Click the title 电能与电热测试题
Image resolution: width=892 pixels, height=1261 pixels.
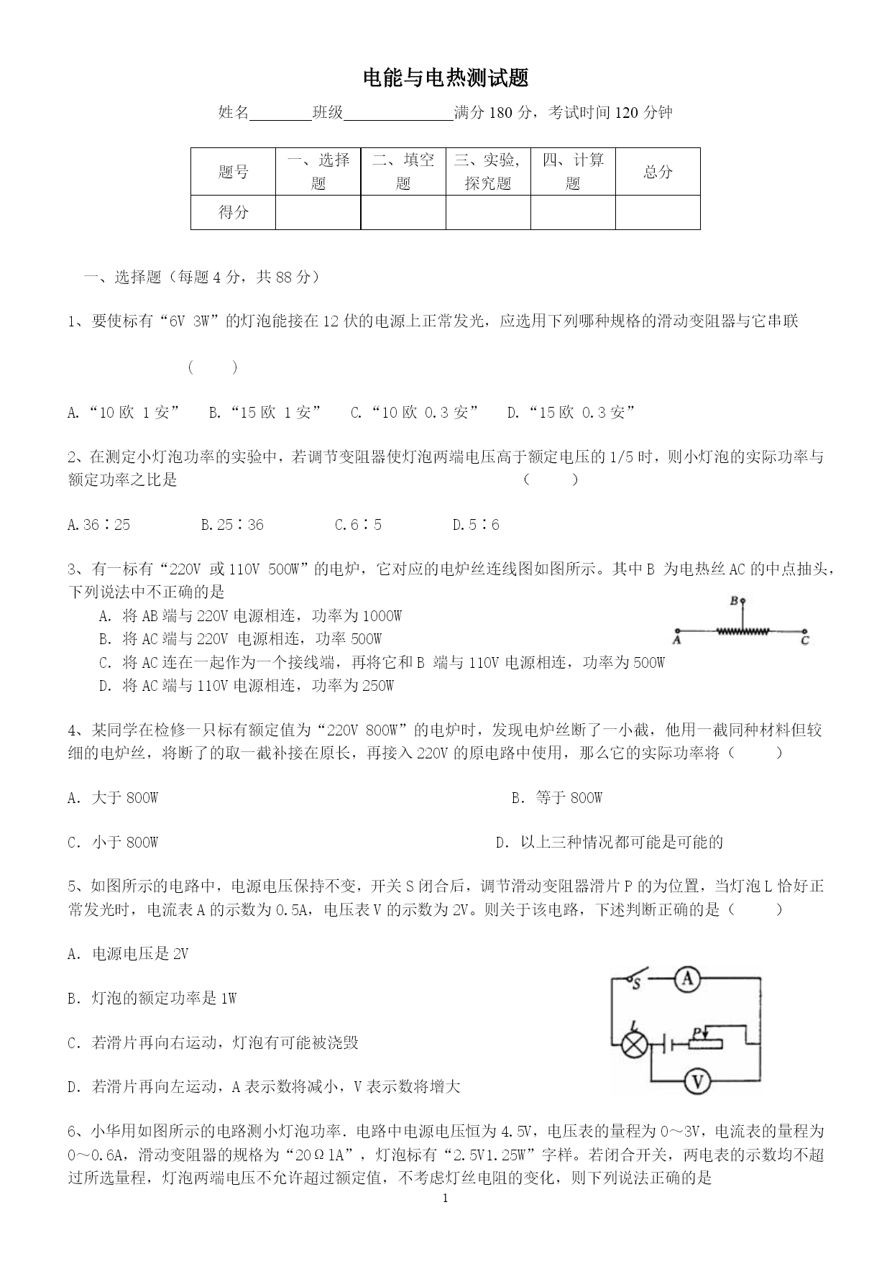tap(446, 78)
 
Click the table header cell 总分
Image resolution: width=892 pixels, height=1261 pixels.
tap(658, 172)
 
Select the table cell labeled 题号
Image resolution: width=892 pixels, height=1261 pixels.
tap(233, 172)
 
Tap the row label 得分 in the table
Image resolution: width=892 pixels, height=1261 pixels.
tap(233, 212)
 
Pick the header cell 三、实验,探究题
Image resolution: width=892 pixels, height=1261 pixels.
tap(487, 172)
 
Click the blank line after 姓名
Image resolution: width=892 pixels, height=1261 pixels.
tap(280, 114)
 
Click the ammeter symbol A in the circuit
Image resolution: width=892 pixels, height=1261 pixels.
tap(688, 978)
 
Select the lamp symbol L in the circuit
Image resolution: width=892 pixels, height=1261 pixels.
tap(633, 1045)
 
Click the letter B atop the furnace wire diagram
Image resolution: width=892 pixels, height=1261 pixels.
tap(735, 600)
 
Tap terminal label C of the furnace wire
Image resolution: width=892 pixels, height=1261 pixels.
tap(804, 638)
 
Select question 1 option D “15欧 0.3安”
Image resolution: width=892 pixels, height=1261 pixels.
tap(571, 413)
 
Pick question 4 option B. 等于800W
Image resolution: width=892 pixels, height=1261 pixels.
tap(557, 797)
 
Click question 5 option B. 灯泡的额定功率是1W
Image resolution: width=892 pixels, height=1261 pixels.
tap(152, 998)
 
